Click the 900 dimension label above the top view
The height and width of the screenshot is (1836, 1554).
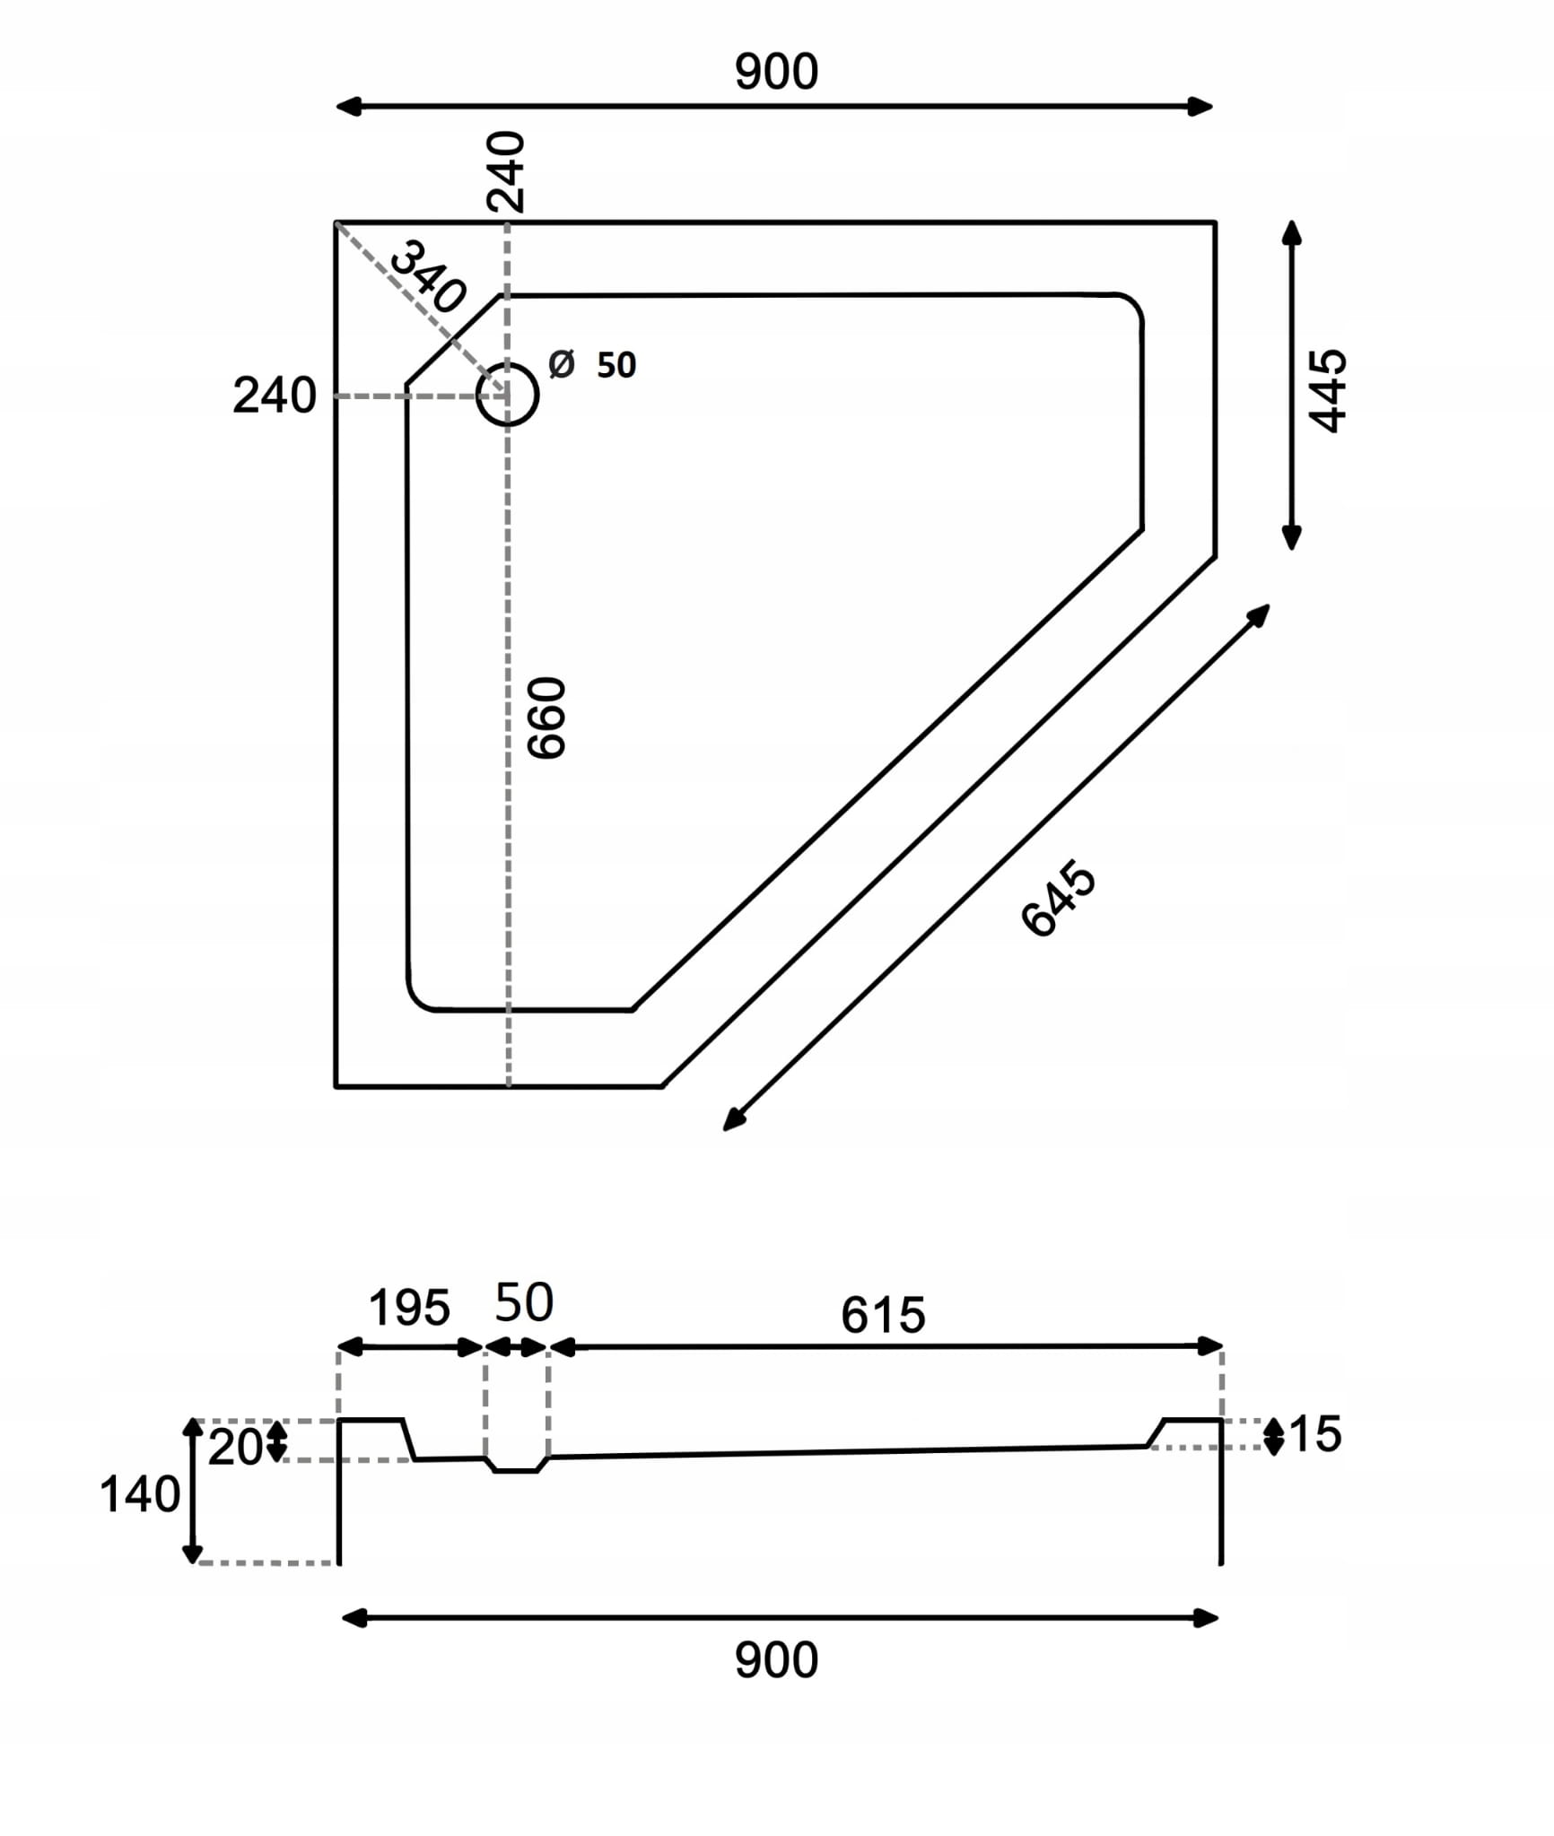click(776, 72)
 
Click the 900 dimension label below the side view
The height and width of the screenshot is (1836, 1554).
click(776, 1660)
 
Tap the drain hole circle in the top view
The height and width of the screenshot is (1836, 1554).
click(508, 394)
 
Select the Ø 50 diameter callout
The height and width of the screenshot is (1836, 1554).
click(592, 365)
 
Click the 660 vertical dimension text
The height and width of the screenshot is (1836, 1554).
click(547, 718)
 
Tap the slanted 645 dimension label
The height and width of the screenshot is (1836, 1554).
click(1059, 899)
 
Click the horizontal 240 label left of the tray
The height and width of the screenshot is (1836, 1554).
click(275, 396)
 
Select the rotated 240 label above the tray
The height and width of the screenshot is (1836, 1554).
click(505, 171)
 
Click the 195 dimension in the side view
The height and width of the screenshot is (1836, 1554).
click(409, 1309)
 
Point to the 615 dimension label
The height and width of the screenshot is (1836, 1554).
click(883, 1316)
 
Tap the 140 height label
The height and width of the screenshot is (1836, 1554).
click(139, 1495)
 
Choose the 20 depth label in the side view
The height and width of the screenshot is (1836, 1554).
click(234, 1448)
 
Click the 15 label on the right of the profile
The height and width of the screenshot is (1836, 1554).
click(1315, 1434)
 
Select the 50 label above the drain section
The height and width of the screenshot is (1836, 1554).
click(524, 1303)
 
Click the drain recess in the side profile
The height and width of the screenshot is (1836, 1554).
click(516, 1466)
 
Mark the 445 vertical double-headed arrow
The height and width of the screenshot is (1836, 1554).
click(1291, 385)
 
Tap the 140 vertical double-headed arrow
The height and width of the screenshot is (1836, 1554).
click(192, 1490)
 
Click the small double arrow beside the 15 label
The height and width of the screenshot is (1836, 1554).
click(1274, 1436)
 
